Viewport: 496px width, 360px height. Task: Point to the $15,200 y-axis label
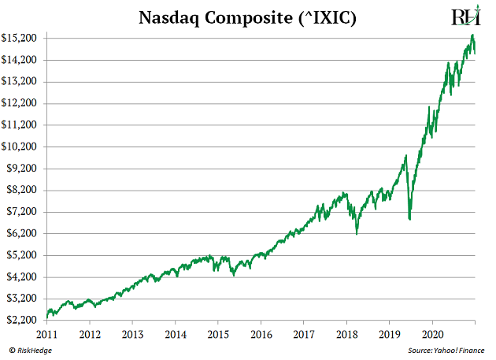22,38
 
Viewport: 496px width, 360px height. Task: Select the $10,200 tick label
22,147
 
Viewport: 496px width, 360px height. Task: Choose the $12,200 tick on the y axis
22,103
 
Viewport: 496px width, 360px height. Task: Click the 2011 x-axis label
47,334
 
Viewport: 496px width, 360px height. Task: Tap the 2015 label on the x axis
219,334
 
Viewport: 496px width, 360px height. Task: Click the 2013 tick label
133,334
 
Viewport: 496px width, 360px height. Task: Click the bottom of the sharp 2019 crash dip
409,219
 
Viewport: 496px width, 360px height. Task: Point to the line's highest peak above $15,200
472,35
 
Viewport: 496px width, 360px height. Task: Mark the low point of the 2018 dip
357,234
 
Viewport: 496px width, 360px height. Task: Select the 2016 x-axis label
261,334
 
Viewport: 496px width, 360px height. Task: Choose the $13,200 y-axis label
22,81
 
